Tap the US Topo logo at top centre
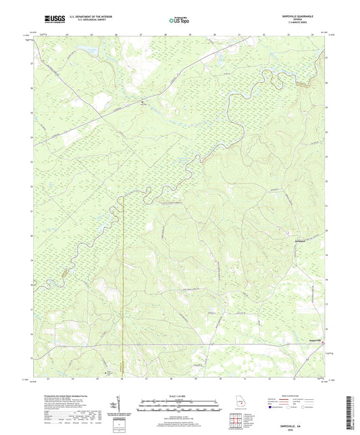pyautogui.click(x=179, y=20)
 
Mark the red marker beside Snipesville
pyautogui.click(x=322, y=342)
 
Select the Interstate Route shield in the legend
pyautogui.click(x=272, y=407)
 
